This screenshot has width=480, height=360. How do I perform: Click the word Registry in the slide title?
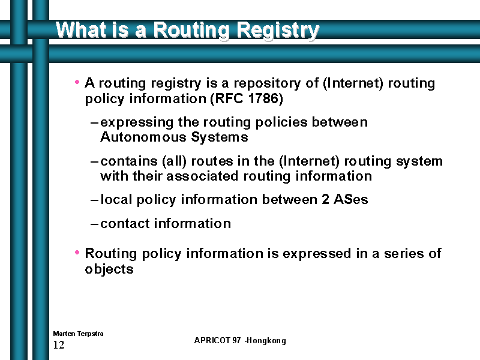coord(278,31)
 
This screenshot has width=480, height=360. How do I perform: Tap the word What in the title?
coord(77,29)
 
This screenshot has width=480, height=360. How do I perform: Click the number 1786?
coord(263,98)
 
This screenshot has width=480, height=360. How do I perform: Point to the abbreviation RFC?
coord(228,98)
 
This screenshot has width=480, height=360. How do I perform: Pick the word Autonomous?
coord(143,137)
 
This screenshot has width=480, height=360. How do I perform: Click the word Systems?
coord(220,137)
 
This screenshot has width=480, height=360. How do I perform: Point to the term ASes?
coord(351,199)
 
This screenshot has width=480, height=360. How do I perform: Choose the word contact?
coord(125,223)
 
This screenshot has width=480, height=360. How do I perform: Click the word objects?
coord(109,269)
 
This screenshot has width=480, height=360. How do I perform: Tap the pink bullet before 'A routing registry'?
coord(77,82)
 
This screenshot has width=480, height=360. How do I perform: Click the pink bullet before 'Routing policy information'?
coord(77,252)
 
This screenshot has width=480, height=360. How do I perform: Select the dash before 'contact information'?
coord(94,224)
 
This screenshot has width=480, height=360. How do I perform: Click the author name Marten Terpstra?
coord(78,334)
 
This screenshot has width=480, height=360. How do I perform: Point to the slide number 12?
coord(59,345)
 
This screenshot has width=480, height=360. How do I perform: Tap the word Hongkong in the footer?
coord(266,341)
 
